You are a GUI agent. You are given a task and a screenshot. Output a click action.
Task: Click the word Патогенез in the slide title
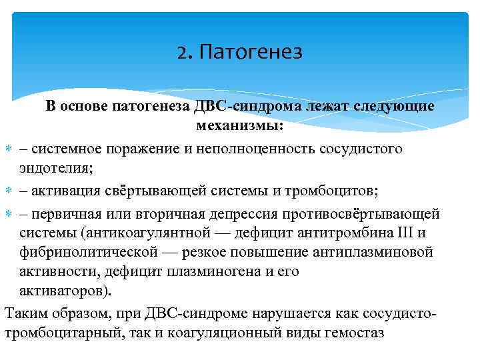[x=251, y=51]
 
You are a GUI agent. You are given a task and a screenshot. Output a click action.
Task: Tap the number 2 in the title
[x=183, y=51]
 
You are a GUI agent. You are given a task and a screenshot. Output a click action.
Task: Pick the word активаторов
[x=65, y=291]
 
